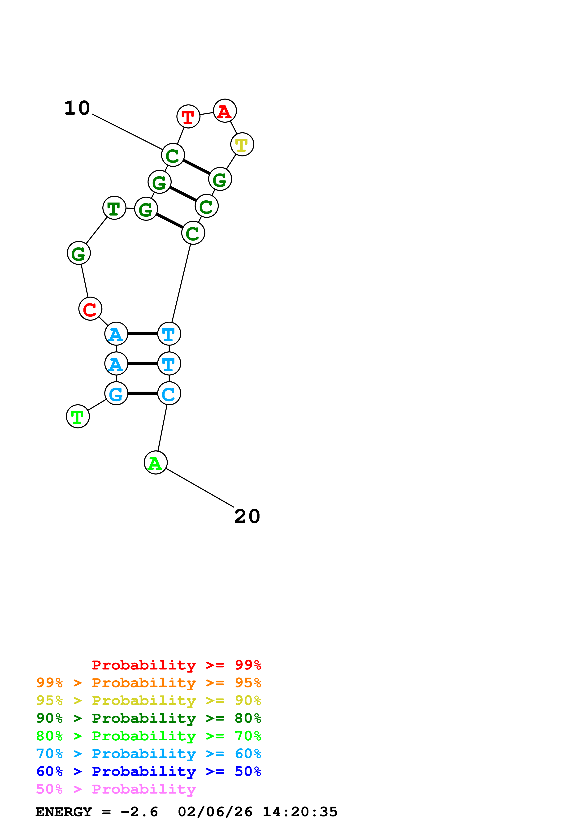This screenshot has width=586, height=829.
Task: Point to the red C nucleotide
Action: (x=90, y=309)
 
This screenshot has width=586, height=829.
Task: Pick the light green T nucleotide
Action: (x=78, y=417)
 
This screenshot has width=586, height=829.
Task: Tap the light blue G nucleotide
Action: (x=116, y=393)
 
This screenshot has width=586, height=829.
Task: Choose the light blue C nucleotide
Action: (x=169, y=393)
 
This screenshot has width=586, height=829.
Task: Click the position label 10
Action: (x=77, y=108)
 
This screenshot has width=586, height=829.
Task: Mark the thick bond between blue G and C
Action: (x=143, y=393)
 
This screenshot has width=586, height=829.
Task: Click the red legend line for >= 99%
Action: (x=176, y=665)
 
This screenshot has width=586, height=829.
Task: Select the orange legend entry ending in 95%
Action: (x=148, y=682)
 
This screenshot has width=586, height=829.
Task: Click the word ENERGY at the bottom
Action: (x=64, y=812)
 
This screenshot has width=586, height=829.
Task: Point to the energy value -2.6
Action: (x=139, y=812)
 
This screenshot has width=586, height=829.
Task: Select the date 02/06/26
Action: (x=215, y=812)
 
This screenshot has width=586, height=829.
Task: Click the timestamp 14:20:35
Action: (x=300, y=812)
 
